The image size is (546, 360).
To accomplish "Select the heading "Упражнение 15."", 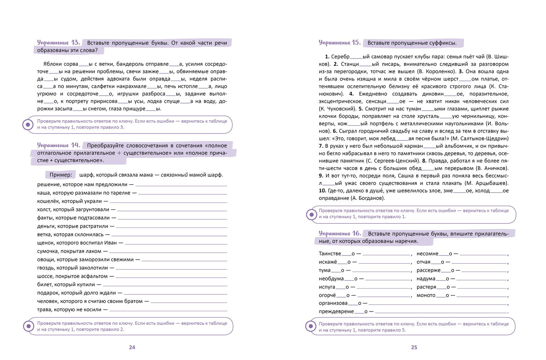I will click(340, 43).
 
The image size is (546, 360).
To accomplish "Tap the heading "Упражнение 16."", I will click(340, 234).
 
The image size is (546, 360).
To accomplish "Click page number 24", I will click(132, 347).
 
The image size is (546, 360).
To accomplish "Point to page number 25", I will click(414, 347).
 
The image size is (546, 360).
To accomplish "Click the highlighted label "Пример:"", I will click(61, 175).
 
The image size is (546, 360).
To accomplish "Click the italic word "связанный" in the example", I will click(174, 175).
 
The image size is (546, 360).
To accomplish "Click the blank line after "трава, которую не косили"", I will click(168, 310).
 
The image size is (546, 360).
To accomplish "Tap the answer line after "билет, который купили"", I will click(165, 285).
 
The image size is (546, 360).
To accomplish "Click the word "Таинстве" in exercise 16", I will click(330, 254).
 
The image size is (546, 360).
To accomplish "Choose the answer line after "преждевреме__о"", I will click(441, 312).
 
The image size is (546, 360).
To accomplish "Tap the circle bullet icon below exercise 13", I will click(28, 124).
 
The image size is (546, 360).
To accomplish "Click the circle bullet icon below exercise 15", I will click(311, 215).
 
